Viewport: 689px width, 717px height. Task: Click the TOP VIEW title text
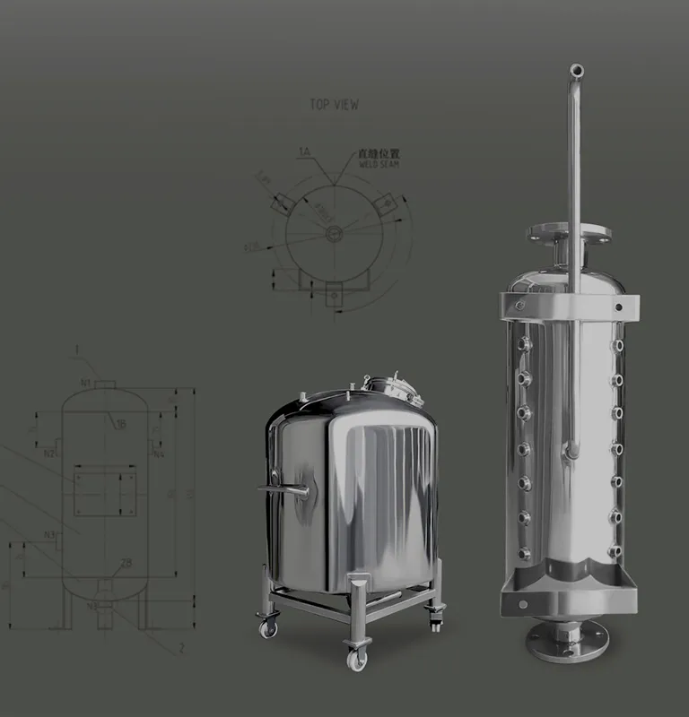pos(334,105)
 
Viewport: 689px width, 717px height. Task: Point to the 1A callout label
pos(304,154)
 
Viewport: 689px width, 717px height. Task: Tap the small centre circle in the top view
pos(334,234)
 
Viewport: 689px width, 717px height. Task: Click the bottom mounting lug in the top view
pos(333,292)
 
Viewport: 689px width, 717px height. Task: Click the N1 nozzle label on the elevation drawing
pos(85,384)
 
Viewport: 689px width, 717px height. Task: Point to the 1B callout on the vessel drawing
pos(120,424)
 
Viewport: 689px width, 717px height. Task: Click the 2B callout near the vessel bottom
pos(126,564)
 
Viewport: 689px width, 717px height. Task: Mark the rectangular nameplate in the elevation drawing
pos(104,490)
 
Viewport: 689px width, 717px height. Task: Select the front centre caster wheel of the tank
pos(356,660)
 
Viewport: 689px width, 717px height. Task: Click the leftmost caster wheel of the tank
pos(267,626)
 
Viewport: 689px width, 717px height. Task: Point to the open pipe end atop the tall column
pos(576,70)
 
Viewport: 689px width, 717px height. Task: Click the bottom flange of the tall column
pos(567,638)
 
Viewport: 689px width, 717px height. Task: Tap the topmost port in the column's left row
pos(525,341)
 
